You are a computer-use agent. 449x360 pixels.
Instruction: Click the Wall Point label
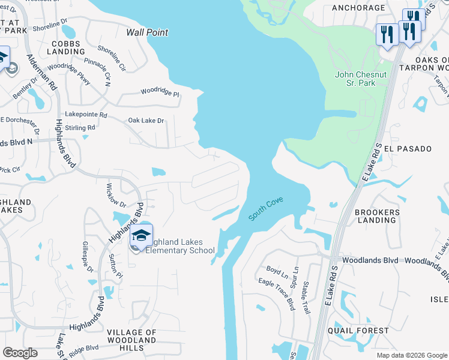(x=147, y=32)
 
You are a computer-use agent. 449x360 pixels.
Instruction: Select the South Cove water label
(x=266, y=209)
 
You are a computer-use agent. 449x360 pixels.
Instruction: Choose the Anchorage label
(x=358, y=8)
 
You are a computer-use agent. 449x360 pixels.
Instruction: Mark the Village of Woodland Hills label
(x=131, y=340)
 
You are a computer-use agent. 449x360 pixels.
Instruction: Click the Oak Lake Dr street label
(x=146, y=121)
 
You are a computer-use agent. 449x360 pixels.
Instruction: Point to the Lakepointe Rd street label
(x=86, y=114)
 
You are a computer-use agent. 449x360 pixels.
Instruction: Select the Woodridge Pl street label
(x=160, y=92)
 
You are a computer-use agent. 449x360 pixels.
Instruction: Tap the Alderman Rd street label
(x=42, y=72)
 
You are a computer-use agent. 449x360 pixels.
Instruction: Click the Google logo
(x=20, y=353)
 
